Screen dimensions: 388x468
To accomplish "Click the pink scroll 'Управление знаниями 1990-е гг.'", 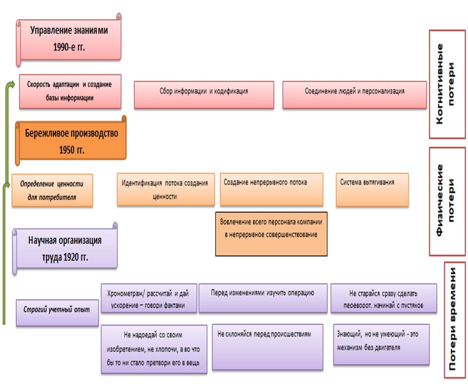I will click(69, 39).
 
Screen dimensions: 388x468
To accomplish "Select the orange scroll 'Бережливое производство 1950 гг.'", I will click(71, 141).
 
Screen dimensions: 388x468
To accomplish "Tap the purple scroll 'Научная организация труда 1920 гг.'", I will click(65, 249).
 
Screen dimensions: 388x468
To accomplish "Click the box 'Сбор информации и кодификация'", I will click(204, 94).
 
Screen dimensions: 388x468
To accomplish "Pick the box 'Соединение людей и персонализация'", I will click(354, 94).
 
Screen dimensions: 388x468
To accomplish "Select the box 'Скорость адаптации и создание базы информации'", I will click(70, 91).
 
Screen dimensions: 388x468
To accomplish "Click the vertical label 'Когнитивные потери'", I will click(447, 84).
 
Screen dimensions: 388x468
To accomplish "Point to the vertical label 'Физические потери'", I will click(447, 201).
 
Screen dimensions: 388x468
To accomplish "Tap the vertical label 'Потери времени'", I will click(454, 320).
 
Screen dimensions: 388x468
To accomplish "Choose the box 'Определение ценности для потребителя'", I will click(52, 190).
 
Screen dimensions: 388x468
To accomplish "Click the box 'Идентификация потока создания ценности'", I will click(165, 189).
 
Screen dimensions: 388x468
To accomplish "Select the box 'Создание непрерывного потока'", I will click(271, 189).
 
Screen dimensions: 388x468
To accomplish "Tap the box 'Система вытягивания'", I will click(372, 190).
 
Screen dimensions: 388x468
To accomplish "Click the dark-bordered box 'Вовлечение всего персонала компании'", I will click(271, 234).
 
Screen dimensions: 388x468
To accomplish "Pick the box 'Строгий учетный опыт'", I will click(57, 313).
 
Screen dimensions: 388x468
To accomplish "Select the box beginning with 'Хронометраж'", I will click(149, 299).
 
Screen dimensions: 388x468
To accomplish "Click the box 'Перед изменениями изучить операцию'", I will click(263, 298).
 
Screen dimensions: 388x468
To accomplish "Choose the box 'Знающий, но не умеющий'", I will click(381, 344).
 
